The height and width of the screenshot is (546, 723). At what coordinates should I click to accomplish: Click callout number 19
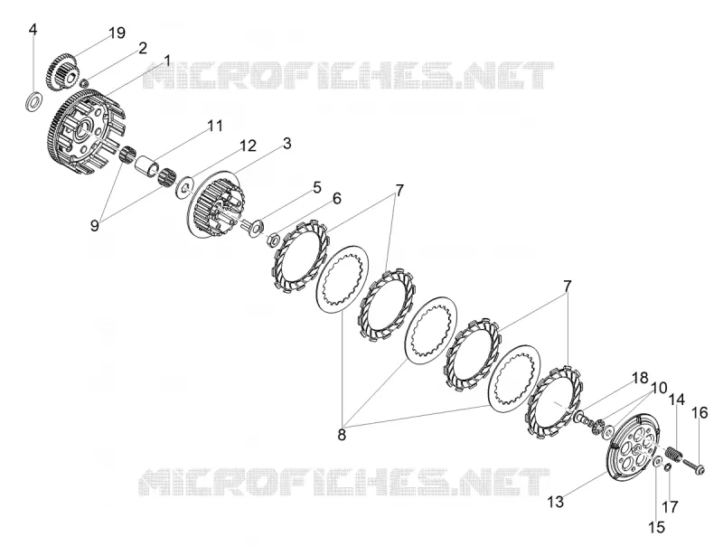pos(117,33)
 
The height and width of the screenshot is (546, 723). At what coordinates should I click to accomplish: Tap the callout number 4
pos(33,30)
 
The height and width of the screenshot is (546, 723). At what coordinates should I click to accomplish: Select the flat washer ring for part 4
pos(33,101)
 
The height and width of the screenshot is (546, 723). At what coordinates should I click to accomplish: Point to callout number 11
pos(214,126)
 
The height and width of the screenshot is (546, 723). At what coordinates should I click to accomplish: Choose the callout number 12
pos(248,146)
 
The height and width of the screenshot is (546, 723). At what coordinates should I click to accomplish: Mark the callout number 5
pos(317,187)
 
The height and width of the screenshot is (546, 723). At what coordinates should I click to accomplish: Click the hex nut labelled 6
pos(272,240)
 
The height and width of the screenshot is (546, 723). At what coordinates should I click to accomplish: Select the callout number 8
pos(342,435)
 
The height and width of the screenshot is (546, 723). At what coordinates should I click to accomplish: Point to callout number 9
pos(95,226)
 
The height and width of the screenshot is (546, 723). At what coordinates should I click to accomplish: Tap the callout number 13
pos(556,502)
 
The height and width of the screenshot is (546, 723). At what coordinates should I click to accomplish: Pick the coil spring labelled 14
pos(674,452)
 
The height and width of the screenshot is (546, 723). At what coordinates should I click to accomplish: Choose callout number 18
pos(640,378)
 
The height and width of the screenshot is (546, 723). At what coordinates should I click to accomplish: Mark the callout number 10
pos(660,388)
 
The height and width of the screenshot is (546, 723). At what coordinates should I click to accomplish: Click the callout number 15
pos(657,527)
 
